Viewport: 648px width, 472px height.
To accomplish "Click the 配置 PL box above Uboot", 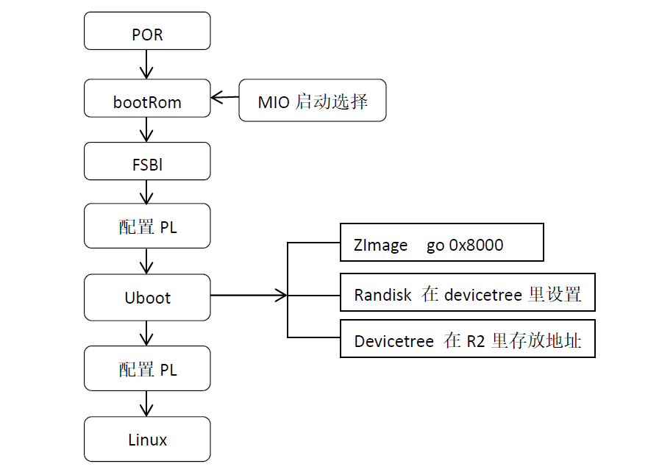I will coord(147,227).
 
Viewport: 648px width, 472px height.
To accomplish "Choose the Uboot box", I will coord(147,297).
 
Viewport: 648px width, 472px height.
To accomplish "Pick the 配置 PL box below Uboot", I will coord(147,369).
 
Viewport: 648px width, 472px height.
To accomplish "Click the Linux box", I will coord(147,440).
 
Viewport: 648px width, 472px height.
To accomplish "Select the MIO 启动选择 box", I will coord(312,101).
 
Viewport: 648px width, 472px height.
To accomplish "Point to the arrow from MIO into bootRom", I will coord(224,97).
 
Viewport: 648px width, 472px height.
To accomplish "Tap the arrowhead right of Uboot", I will coord(280,296).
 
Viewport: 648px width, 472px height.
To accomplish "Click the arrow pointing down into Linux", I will coord(147,404).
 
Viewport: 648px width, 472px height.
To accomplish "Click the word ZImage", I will coord(380,246).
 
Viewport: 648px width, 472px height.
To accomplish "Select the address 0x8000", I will coord(475,246).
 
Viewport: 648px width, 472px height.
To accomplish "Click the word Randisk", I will coord(382,296).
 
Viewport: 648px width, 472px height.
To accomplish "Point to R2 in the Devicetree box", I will coord(476,342).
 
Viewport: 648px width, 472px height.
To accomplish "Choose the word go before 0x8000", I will coord(435,246).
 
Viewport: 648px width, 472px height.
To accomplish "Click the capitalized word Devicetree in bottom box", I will coord(394,342).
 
